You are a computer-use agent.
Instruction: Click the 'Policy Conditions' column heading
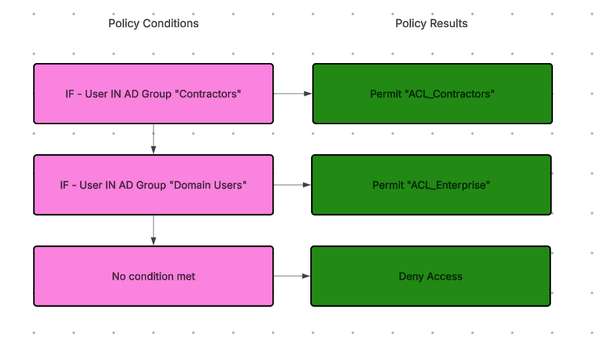pos(153,24)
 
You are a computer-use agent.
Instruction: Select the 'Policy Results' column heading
pos(431,24)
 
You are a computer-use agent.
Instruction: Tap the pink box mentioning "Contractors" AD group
pos(153,94)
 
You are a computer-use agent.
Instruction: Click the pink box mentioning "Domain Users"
pos(153,185)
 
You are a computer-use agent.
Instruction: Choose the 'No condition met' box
pos(153,276)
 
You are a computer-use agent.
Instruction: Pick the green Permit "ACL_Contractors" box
pos(433,94)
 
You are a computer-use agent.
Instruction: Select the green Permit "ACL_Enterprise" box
pos(431,185)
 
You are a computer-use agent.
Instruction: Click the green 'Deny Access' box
pos(431,276)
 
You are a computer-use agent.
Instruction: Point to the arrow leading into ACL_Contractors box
pos(293,94)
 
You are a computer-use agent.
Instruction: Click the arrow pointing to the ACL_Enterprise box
pos(292,185)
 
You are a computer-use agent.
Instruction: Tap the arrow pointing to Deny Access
pos(292,276)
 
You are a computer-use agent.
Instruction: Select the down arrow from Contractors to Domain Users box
pos(153,139)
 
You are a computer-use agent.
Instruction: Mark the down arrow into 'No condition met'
pos(153,230)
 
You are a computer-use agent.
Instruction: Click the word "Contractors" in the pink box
pos(209,94)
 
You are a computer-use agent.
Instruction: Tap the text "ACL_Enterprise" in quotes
pos(449,185)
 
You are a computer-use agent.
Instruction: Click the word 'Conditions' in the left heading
pos(171,24)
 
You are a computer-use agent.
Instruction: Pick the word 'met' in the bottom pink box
pos(186,276)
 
